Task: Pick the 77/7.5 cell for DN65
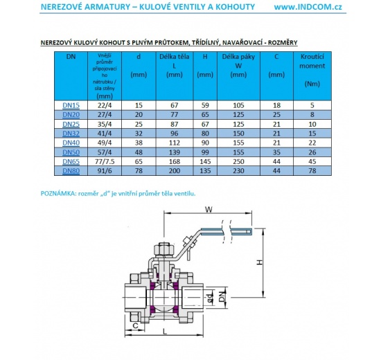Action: coord(106,161)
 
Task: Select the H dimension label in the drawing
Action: coord(257,262)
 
